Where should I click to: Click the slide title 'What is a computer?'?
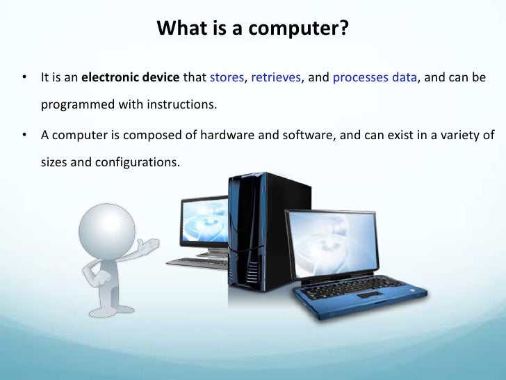(252, 29)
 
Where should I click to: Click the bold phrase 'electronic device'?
(131, 78)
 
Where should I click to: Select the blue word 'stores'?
(227, 78)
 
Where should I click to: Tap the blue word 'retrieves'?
(276, 78)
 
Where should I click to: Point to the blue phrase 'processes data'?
(375, 78)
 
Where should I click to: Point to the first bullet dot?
(25, 78)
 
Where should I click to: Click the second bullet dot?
(25, 135)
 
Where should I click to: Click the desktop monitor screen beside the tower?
(204, 221)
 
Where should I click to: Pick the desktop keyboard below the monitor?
(196, 262)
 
